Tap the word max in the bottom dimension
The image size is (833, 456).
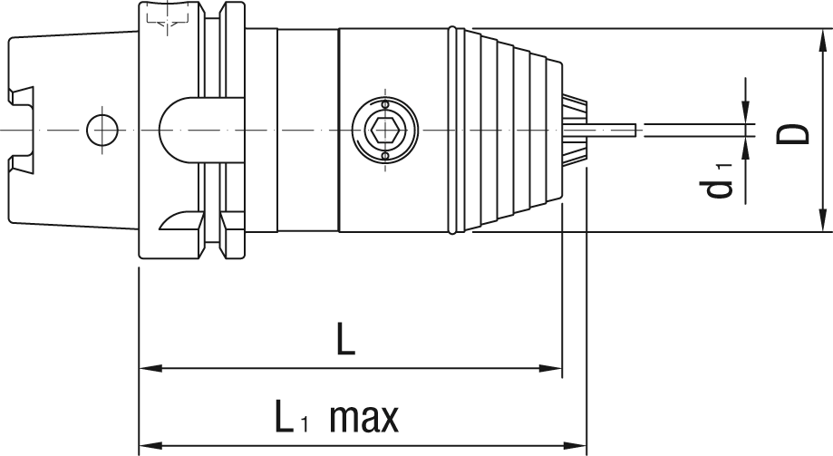(364, 419)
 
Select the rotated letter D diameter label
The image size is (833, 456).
(795, 133)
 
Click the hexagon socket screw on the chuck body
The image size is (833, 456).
(385, 131)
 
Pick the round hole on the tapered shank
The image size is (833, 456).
(102, 130)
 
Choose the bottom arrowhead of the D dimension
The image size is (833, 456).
(822, 221)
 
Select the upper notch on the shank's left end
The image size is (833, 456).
(21, 95)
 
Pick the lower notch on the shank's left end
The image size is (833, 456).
(21, 164)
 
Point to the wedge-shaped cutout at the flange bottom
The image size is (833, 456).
(179, 220)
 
